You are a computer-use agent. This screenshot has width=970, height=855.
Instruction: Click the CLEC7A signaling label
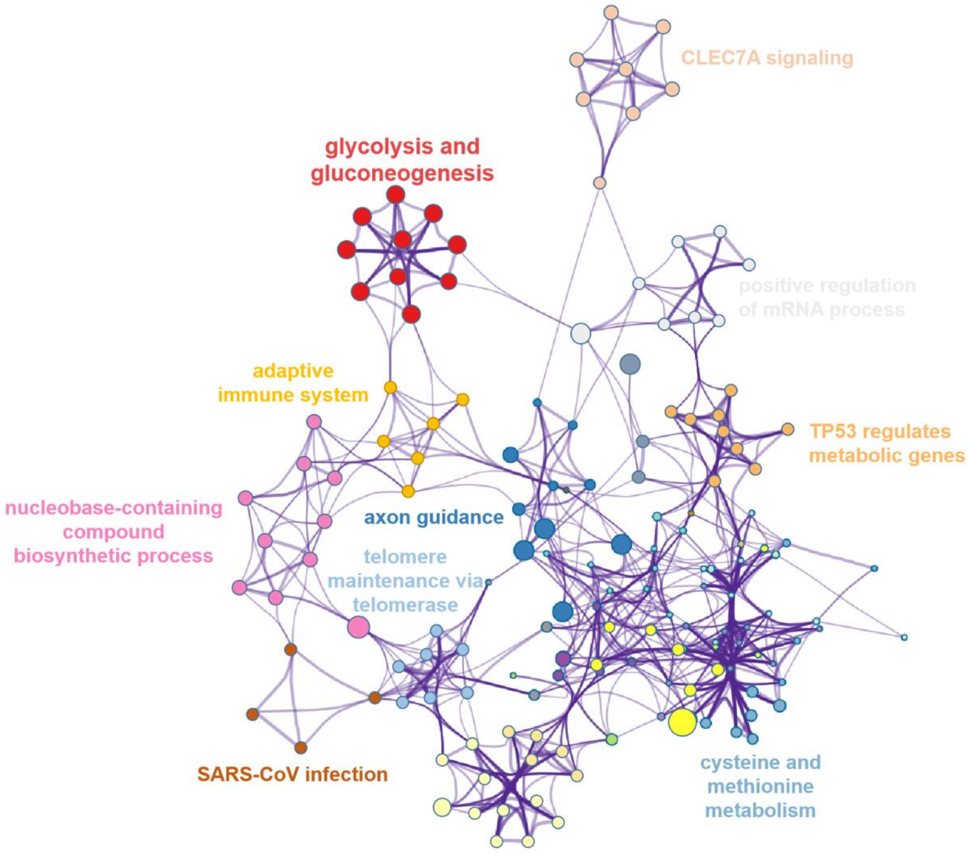(x=767, y=58)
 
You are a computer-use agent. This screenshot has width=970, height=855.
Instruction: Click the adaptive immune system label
(x=293, y=382)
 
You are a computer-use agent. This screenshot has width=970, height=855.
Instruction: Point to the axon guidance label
(x=433, y=517)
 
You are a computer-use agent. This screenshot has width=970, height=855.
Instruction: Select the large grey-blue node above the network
(x=630, y=364)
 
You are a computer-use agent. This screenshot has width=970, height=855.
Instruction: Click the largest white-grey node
(x=580, y=333)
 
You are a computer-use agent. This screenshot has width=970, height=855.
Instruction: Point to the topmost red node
(x=395, y=195)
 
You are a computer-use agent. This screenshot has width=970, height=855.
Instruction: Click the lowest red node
(x=411, y=314)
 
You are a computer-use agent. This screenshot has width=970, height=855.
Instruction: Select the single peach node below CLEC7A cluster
(x=600, y=183)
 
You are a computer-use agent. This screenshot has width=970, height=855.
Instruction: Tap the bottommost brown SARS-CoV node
(x=300, y=748)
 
